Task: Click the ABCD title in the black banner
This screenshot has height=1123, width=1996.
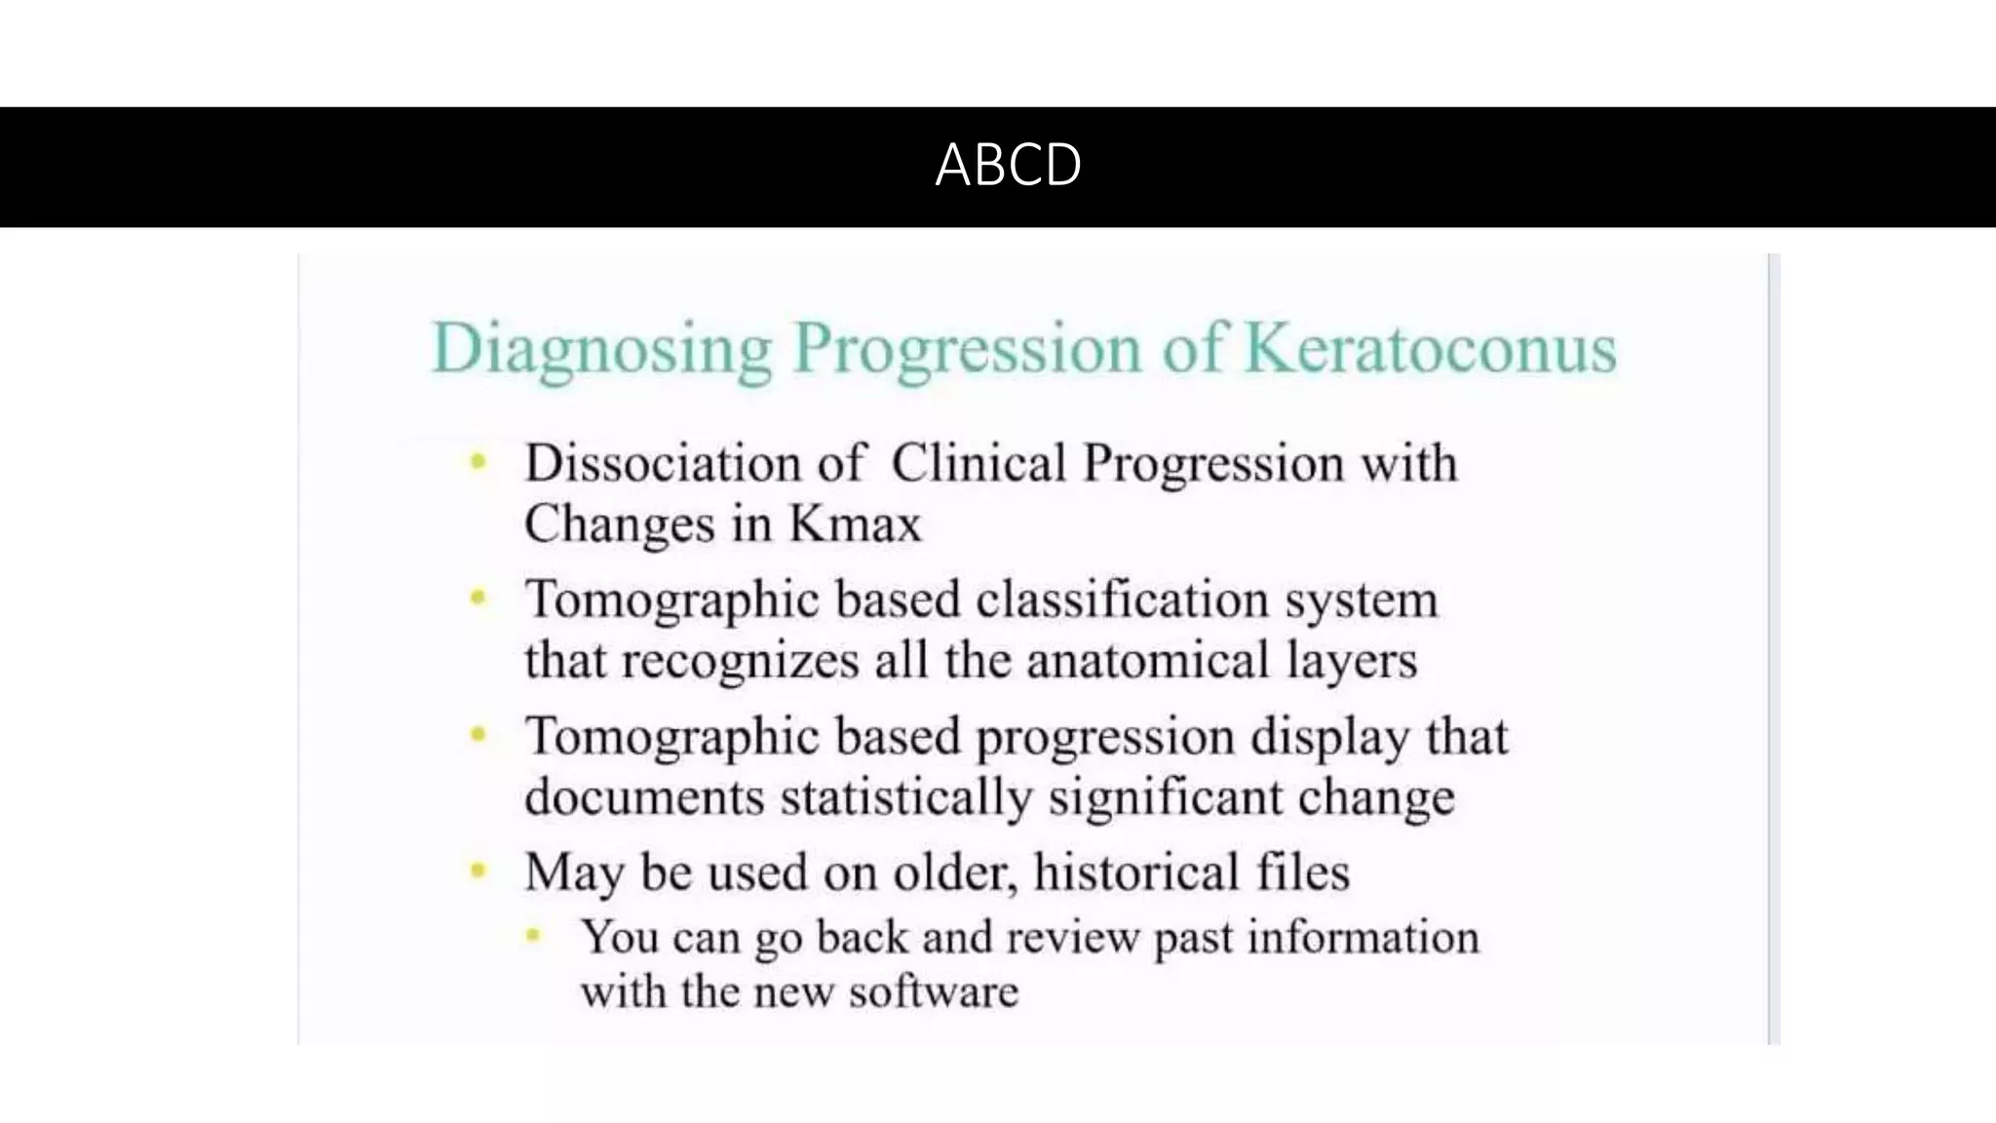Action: point(1008,165)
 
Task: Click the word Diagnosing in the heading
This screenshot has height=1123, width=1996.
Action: point(601,349)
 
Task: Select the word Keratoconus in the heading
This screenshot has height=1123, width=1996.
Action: point(1431,349)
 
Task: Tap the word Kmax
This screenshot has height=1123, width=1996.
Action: point(855,524)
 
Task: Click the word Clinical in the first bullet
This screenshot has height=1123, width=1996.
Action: point(979,463)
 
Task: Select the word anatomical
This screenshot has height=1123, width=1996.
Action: point(1148,660)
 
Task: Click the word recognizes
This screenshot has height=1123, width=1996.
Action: point(741,661)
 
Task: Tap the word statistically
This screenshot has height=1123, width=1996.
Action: point(905,797)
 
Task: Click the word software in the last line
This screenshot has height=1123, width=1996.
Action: point(933,992)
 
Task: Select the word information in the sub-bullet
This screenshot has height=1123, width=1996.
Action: point(1363,937)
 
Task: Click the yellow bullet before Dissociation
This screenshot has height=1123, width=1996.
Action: point(478,461)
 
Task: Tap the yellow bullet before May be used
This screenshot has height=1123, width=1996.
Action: point(478,870)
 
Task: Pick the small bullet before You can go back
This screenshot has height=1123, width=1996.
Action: point(533,936)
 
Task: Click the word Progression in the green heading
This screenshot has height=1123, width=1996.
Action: point(967,349)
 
